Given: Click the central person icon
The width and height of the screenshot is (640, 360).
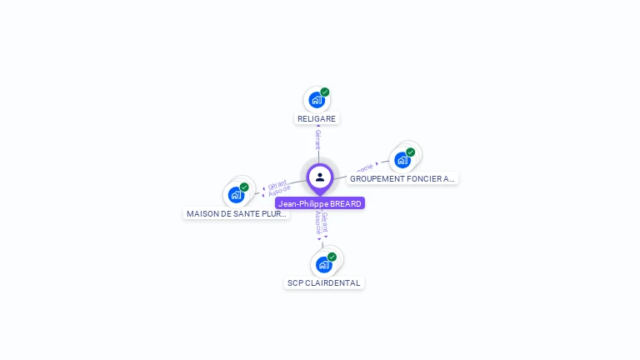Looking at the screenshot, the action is pyautogui.click(x=320, y=177).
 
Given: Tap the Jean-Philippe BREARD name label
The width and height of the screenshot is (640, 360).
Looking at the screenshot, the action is pyautogui.click(x=320, y=203).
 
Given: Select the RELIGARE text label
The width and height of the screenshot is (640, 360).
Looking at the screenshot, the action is pyautogui.click(x=317, y=119).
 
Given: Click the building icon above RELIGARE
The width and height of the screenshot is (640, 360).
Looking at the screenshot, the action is pyautogui.click(x=316, y=100).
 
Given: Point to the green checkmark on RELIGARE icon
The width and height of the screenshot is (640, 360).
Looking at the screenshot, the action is pyautogui.click(x=325, y=92).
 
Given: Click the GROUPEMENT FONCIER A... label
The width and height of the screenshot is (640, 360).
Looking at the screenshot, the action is pyautogui.click(x=402, y=178).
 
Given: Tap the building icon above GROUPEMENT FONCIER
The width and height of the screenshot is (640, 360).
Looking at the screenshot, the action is pyautogui.click(x=402, y=160).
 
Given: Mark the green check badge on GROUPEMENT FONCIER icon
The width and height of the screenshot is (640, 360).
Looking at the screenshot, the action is pyautogui.click(x=411, y=152).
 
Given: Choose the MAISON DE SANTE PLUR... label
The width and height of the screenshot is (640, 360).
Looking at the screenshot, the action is pyautogui.click(x=237, y=213).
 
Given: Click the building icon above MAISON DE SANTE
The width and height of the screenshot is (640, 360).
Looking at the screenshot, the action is pyautogui.click(x=237, y=195).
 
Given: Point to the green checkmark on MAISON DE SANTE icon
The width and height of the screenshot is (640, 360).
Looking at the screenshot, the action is pyautogui.click(x=244, y=187).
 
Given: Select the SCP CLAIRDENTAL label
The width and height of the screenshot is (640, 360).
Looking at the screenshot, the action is pyautogui.click(x=324, y=283).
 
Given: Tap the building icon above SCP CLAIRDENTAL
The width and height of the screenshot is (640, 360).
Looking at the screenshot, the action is pyautogui.click(x=323, y=265).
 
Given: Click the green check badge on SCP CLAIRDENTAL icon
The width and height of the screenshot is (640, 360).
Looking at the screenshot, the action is pyautogui.click(x=332, y=257).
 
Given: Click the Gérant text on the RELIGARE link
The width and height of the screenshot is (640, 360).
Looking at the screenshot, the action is pyautogui.click(x=317, y=139).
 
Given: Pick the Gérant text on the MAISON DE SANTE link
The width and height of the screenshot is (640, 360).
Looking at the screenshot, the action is pyautogui.click(x=277, y=185).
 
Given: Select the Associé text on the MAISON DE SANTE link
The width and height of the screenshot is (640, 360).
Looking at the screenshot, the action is pyautogui.click(x=281, y=192).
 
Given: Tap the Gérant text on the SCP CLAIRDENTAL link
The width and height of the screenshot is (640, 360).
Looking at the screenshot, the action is pyautogui.click(x=325, y=221).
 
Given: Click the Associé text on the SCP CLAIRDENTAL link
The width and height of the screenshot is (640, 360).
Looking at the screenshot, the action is pyautogui.click(x=317, y=222).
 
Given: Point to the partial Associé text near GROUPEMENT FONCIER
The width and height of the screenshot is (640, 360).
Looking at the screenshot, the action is pyautogui.click(x=364, y=167).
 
